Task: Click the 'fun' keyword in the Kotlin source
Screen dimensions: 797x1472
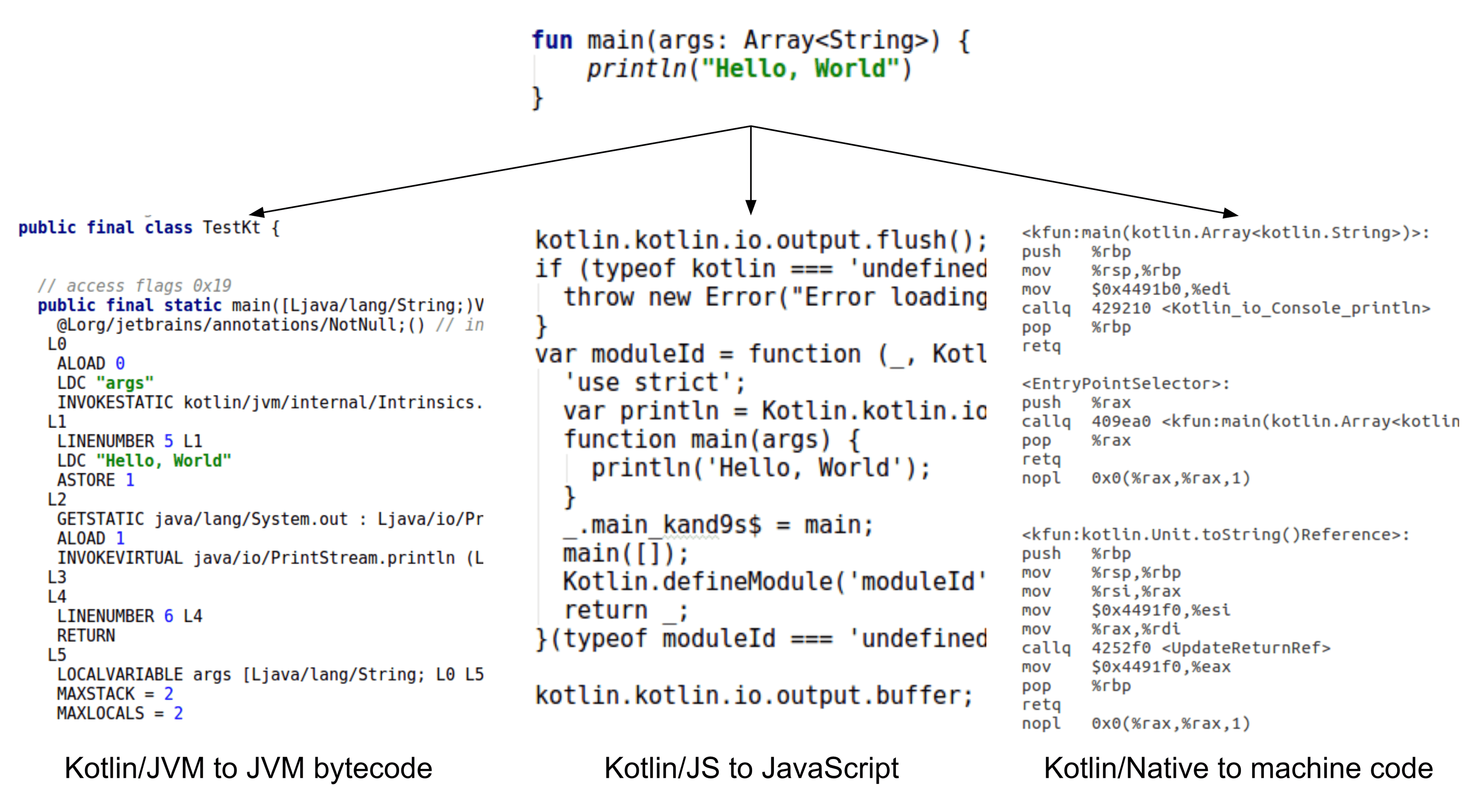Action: [x=552, y=41]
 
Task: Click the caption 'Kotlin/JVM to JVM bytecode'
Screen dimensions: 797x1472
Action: [x=248, y=768]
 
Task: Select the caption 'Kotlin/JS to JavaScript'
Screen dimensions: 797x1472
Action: [x=751, y=768]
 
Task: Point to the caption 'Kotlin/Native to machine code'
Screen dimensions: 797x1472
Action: [x=1238, y=768]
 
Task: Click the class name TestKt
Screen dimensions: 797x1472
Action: [x=232, y=227]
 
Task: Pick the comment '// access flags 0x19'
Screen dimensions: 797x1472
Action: [x=134, y=285]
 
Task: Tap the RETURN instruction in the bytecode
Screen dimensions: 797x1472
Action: [x=86, y=635]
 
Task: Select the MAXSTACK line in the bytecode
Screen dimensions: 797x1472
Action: [x=114, y=693]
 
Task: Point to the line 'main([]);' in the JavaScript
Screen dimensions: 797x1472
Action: [x=625, y=553]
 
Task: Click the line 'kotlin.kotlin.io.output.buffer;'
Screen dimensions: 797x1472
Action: [x=753, y=695]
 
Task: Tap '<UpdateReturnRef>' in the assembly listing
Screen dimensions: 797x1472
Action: [x=1246, y=648]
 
